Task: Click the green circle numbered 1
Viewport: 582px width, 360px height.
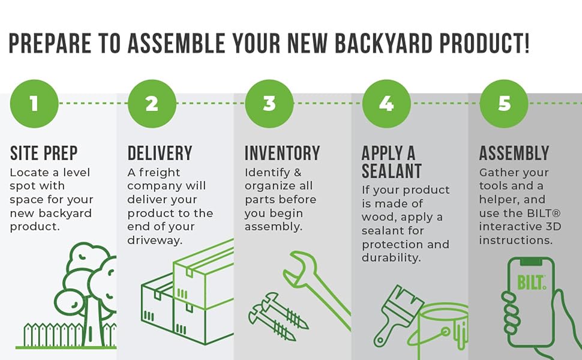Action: [x=34, y=104]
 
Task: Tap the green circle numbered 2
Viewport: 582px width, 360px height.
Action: [x=152, y=104]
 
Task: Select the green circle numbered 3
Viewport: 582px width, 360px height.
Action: [x=269, y=104]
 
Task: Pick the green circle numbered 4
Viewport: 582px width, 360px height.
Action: [x=386, y=104]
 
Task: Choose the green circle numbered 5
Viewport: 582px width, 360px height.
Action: [x=503, y=104]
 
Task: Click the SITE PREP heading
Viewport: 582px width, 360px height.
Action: [x=44, y=153]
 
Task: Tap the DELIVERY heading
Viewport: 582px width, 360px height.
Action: [x=160, y=153]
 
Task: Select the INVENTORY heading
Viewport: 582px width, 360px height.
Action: [x=282, y=153]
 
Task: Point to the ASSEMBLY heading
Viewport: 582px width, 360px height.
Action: [x=514, y=153]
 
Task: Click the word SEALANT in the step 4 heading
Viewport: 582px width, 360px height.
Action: [x=392, y=171]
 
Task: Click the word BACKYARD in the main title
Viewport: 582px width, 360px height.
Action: [x=384, y=43]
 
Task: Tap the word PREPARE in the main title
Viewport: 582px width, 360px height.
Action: [x=50, y=43]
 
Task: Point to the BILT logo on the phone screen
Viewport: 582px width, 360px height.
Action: [x=532, y=283]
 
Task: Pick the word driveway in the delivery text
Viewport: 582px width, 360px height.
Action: [x=155, y=241]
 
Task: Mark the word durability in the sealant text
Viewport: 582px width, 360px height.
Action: [x=391, y=257]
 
